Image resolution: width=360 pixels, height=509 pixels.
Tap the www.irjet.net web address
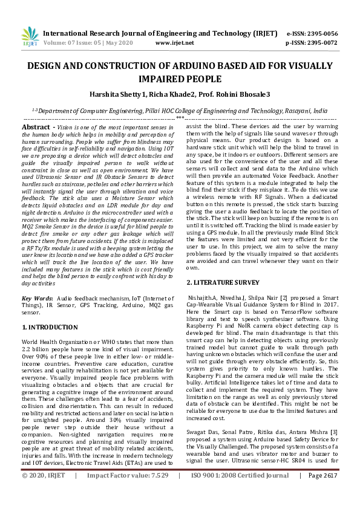(x=174, y=43)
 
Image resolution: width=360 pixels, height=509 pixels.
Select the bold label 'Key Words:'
(x=37, y=299)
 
